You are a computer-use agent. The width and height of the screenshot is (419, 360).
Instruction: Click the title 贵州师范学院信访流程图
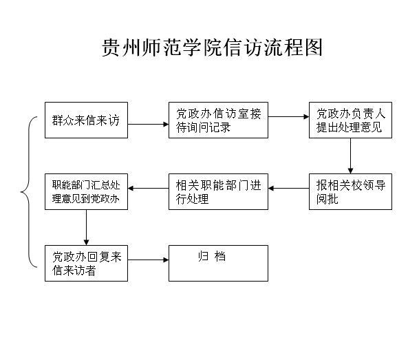(212, 47)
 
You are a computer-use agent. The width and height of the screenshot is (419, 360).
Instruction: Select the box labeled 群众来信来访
(86, 120)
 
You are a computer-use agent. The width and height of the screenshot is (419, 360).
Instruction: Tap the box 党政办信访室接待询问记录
(218, 120)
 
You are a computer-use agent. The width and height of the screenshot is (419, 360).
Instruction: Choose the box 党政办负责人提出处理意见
(350, 120)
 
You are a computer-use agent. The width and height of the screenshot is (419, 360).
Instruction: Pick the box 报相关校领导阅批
(350, 191)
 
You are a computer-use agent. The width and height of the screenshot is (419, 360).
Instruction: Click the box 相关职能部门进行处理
(218, 191)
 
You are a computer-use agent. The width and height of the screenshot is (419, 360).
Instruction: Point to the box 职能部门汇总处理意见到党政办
(86, 191)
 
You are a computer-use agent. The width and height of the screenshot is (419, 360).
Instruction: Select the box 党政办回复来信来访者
(86, 263)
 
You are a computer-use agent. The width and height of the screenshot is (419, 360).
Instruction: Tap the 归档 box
(218, 263)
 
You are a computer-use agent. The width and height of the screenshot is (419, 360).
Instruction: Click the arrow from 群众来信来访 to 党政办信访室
(149, 124)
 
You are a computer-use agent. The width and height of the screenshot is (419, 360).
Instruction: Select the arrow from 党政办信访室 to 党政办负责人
(288, 116)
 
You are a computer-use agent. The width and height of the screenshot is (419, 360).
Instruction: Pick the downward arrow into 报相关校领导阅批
(351, 156)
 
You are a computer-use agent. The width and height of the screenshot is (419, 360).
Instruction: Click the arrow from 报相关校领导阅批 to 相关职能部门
(288, 188)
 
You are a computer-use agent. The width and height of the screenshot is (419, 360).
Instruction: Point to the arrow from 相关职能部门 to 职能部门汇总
(149, 188)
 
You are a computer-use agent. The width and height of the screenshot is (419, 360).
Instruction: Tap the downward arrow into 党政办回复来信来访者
(86, 227)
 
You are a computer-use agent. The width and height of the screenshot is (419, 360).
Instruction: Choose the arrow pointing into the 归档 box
(149, 260)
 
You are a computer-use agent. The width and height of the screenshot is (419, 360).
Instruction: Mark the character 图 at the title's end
(314, 47)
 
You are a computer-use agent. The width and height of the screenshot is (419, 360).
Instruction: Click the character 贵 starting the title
(110, 47)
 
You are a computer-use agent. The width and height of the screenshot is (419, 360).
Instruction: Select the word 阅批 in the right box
(327, 199)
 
